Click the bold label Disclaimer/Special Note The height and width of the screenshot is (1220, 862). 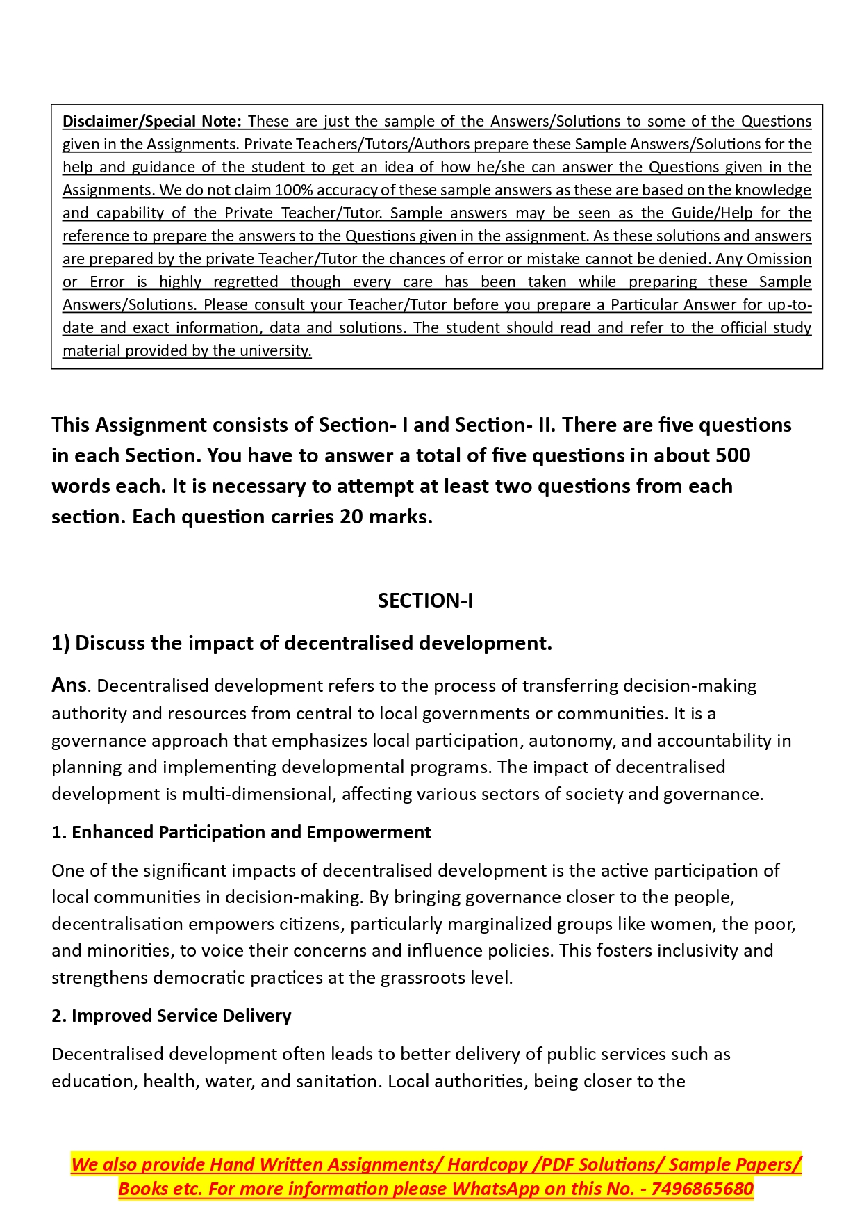pos(151,121)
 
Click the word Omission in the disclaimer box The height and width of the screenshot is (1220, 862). pos(779,259)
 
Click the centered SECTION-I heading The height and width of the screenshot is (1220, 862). pos(425,601)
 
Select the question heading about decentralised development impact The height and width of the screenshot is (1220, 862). pos(301,643)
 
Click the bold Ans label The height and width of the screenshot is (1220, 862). pos(69,685)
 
